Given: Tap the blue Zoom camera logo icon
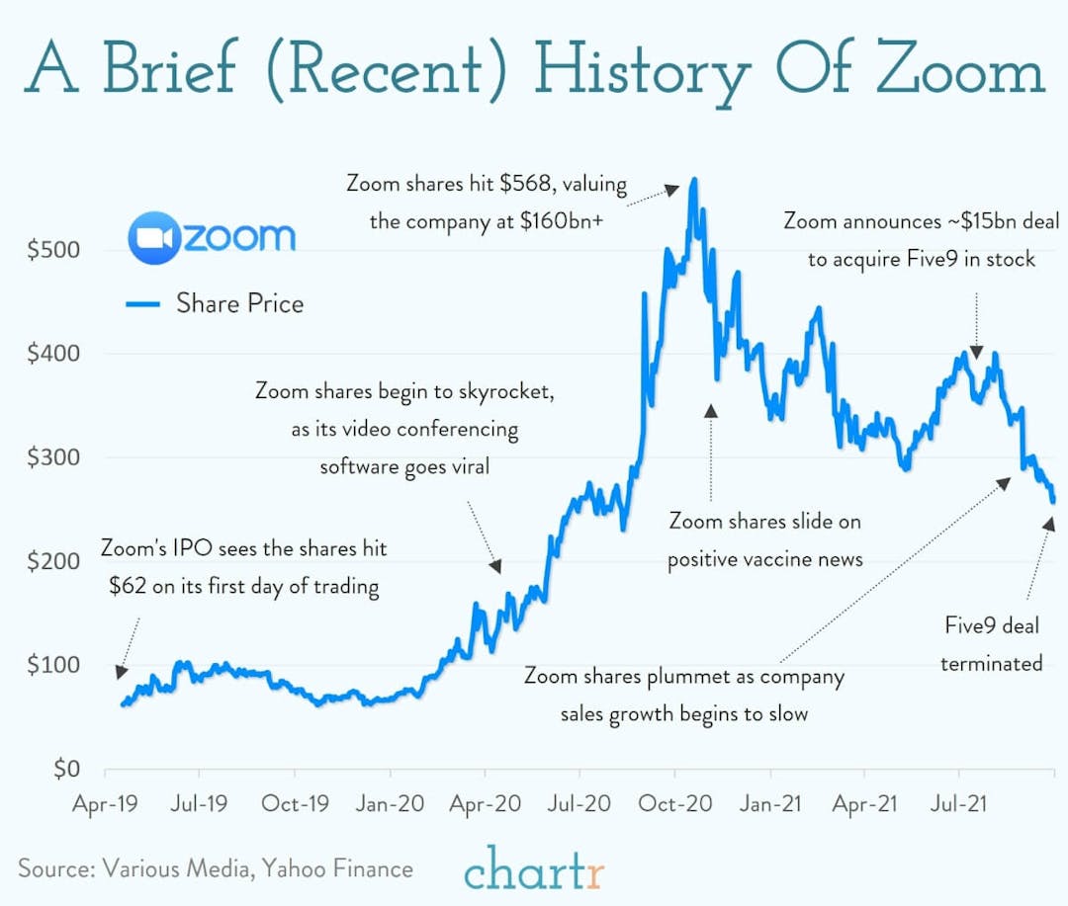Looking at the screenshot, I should point(153,237).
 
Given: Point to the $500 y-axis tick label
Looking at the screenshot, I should point(50,250).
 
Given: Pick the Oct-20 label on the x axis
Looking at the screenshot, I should point(675,803).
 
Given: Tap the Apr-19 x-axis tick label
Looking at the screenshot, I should point(105,803).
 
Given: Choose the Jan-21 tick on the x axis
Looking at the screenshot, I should point(771,803).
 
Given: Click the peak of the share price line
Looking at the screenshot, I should point(694,180).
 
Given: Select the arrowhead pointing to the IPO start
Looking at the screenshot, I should point(121,671).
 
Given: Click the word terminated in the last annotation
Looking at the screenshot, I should point(991,663).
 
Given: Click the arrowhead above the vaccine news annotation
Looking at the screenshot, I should point(710,410).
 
